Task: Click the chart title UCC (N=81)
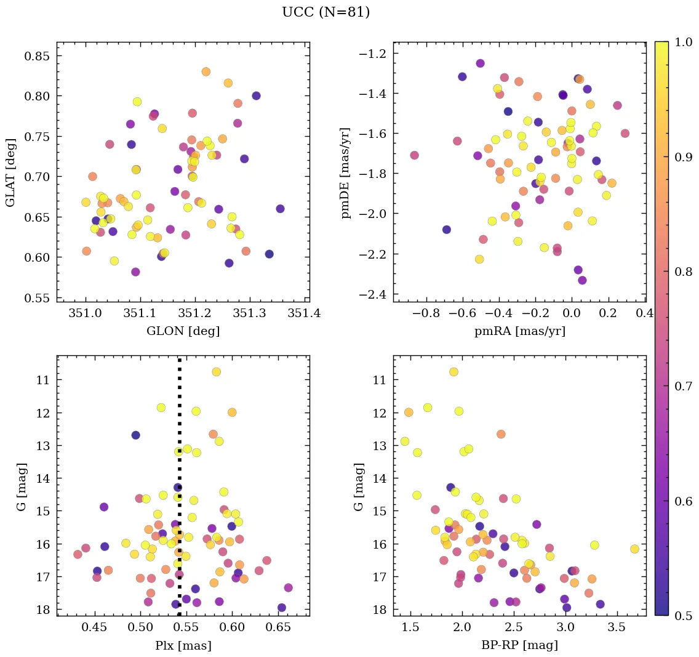pyautogui.click(x=326, y=12)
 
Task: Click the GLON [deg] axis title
pyautogui.click(x=183, y=331)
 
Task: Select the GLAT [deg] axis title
pyautogui.click(x=10, y=172)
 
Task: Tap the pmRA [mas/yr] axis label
pyautogui.click(x=519, y=331)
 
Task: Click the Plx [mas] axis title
pyautogui.click(x=183, y=645)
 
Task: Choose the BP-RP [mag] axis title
pyautogui.click(x=519, y=645)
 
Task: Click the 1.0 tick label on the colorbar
pyautogui.click(x=684, y=42)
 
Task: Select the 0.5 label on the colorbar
pyautogui.click(x=684, y=616)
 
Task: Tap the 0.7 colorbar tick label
pyautogui.click(x=684, y=386)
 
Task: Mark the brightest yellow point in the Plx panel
pyautogui.click(x=216, y=372)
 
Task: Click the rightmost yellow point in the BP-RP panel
pyautogui.click(x=634, y=549)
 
